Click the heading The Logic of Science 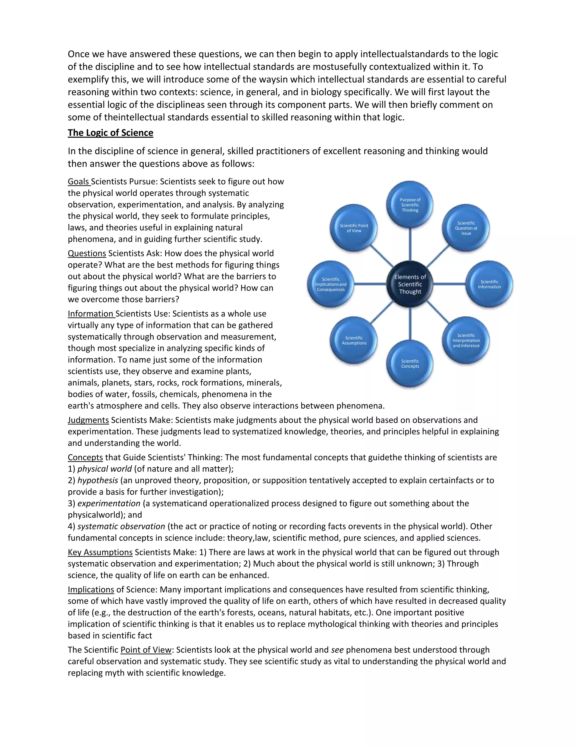tap(110, 133)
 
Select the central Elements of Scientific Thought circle tap(410, 284)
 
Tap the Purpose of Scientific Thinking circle tap(410, 205)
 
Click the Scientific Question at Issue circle tap(466, 228)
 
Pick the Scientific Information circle tap(489, 284)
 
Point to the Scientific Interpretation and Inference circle tap(466, 340)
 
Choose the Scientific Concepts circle tap(410, 363)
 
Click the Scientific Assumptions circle tap(354, 340)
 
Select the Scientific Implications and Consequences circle tap(331, 284)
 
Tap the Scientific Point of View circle tap(354, 228)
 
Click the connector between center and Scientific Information tap(449, 284)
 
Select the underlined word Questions tap(87, 253)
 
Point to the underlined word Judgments tap(88, 420)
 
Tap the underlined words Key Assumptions tap(100, 552)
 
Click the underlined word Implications tap(91, 589)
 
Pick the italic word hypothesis tap(98, 480)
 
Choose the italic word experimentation tap(109, 504)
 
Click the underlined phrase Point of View tap(146, 650)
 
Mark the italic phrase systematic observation tap(121, 526)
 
